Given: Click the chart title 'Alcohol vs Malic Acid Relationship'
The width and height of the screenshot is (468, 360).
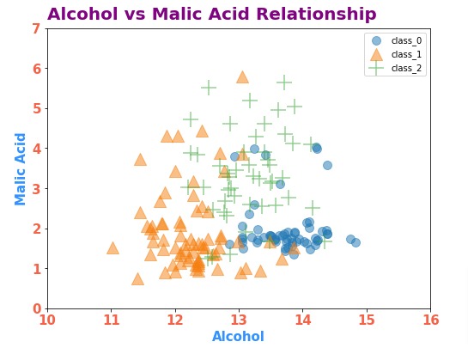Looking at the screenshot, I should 211,15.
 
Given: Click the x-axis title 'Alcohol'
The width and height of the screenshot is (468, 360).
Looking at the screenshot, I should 238,337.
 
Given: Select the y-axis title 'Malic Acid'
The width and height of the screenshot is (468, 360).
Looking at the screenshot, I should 21,168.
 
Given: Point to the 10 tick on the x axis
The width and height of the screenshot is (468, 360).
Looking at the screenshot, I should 47,319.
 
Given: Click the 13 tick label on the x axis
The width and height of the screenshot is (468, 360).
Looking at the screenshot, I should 239,319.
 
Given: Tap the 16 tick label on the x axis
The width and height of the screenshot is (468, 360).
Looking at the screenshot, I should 430,319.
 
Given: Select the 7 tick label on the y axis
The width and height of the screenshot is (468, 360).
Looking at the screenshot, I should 36,28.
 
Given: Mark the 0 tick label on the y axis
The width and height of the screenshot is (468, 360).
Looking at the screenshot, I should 36,308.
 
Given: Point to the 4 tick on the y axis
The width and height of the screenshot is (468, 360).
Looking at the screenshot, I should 36,149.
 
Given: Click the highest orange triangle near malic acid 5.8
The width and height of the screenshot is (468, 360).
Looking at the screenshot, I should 242,77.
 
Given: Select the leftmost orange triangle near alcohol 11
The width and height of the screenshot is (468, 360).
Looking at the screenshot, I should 112,247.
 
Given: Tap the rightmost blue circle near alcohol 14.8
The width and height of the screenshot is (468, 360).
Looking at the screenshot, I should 356,242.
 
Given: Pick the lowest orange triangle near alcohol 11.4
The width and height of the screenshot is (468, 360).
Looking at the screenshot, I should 137,278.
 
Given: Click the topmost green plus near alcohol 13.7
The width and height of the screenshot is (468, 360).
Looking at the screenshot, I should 284,82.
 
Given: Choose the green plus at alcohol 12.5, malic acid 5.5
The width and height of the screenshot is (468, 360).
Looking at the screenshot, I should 209,88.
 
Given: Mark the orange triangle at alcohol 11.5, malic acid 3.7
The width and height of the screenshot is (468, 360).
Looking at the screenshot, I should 140,159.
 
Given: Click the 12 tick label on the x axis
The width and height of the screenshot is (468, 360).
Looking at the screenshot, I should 175,319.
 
